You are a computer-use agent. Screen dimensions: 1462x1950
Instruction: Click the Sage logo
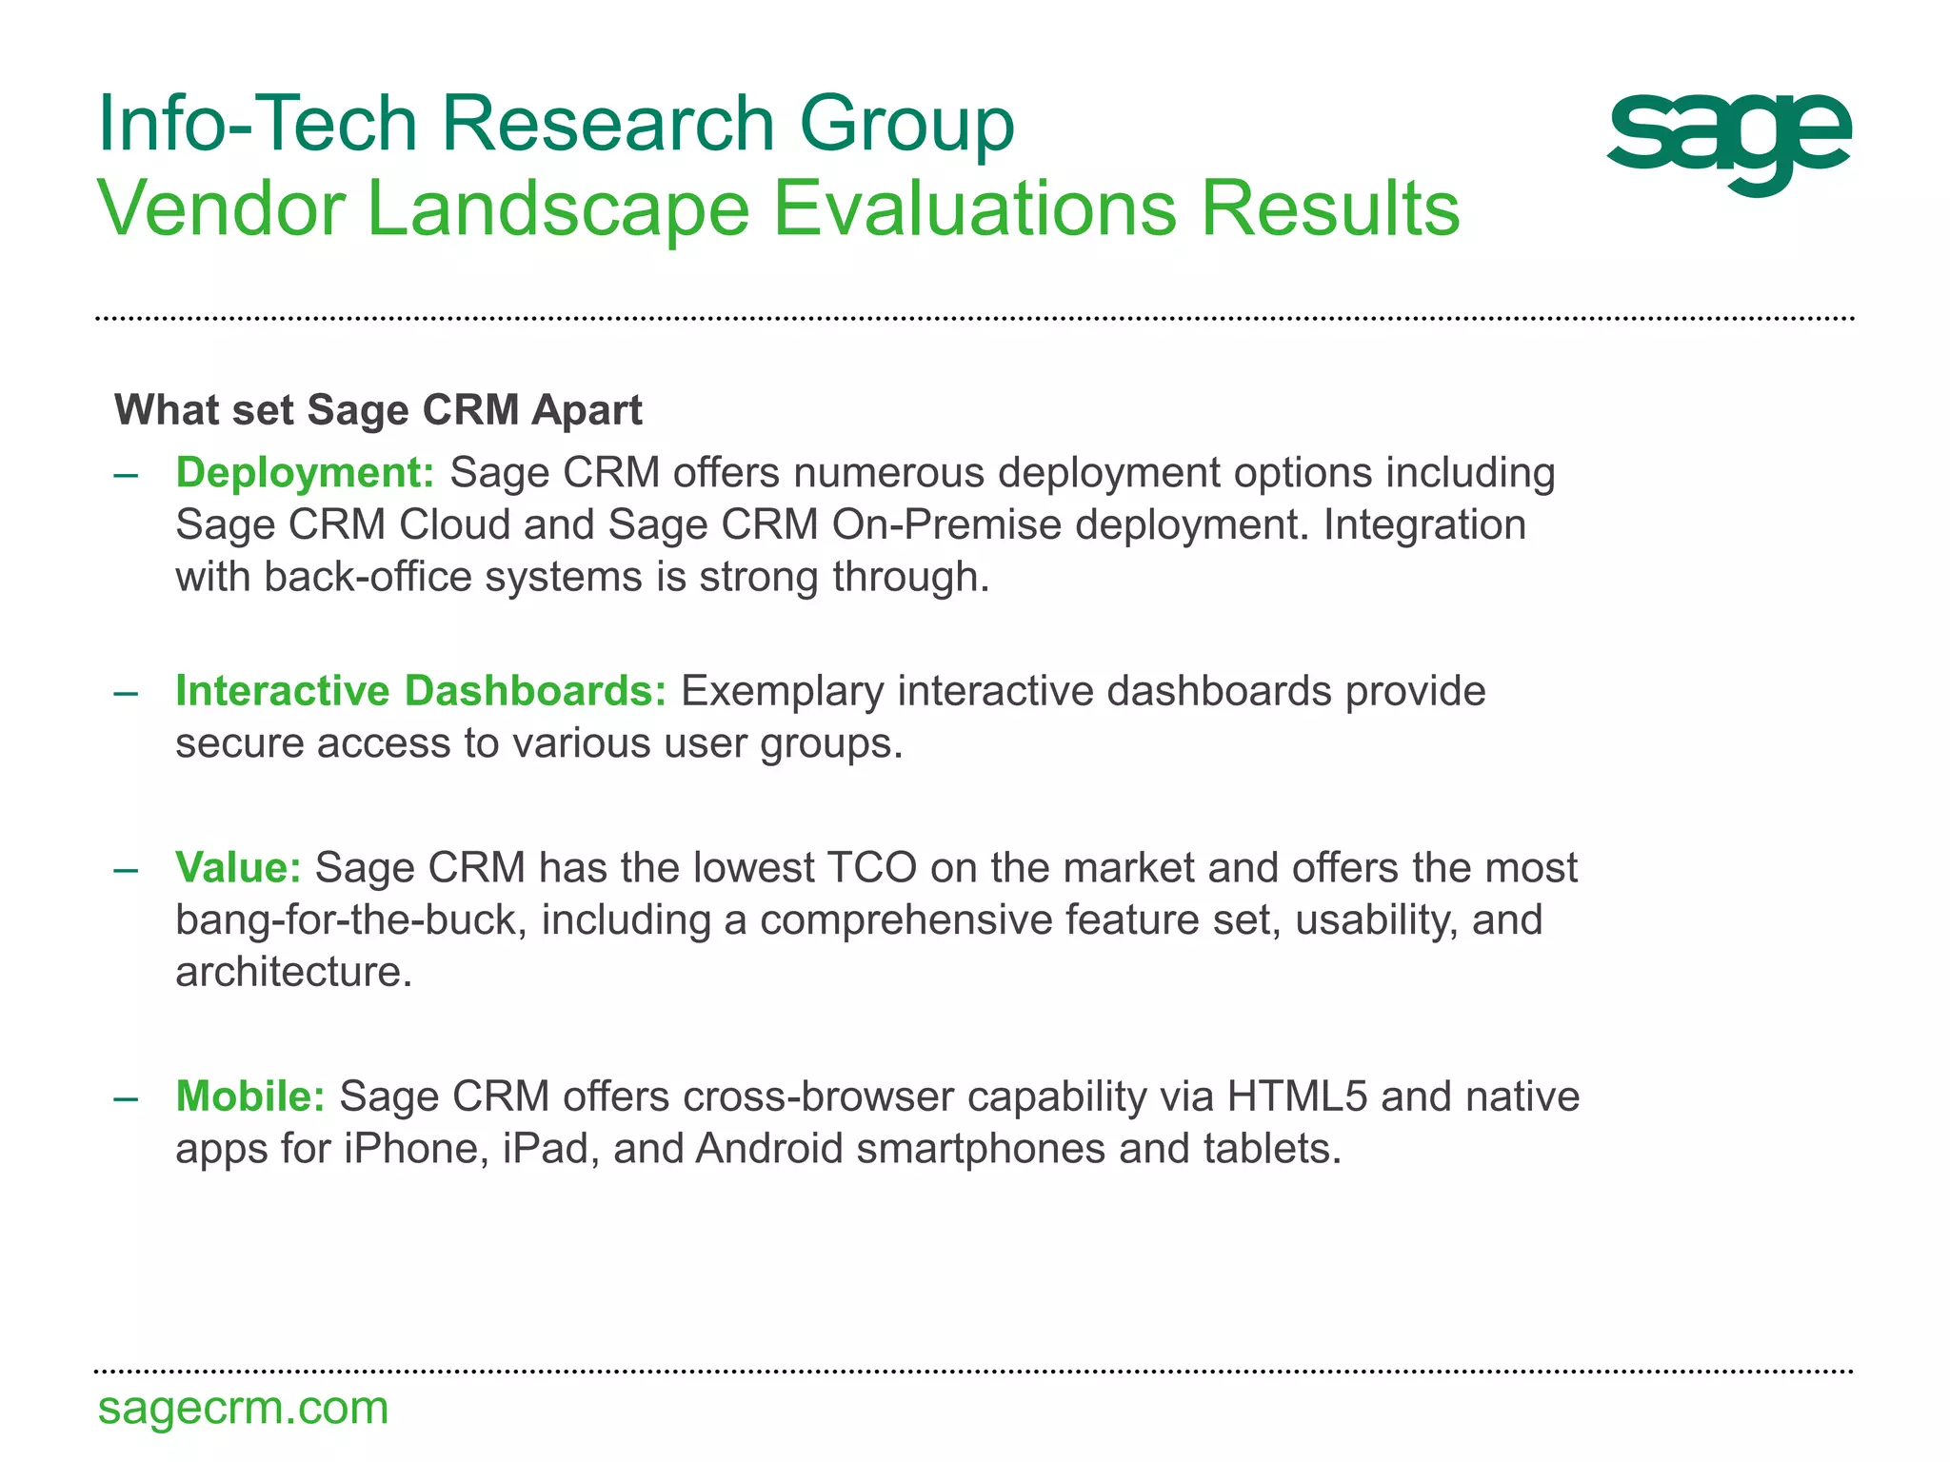[x=1728, y=143]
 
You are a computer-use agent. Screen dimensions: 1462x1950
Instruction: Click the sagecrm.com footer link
[x=243, y=1408]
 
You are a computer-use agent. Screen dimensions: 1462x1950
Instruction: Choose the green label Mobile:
[x=250, y=1096]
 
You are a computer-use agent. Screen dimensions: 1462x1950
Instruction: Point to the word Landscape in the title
[x=558, y=209]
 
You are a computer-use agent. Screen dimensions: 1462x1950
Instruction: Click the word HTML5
[x=1297, y=1096]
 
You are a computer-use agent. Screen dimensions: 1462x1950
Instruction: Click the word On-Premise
[x=946, y=525]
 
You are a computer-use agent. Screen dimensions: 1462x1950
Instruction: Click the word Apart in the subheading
[x=587, y=410]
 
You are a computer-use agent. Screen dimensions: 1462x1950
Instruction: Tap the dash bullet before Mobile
[x=126, y=1097]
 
